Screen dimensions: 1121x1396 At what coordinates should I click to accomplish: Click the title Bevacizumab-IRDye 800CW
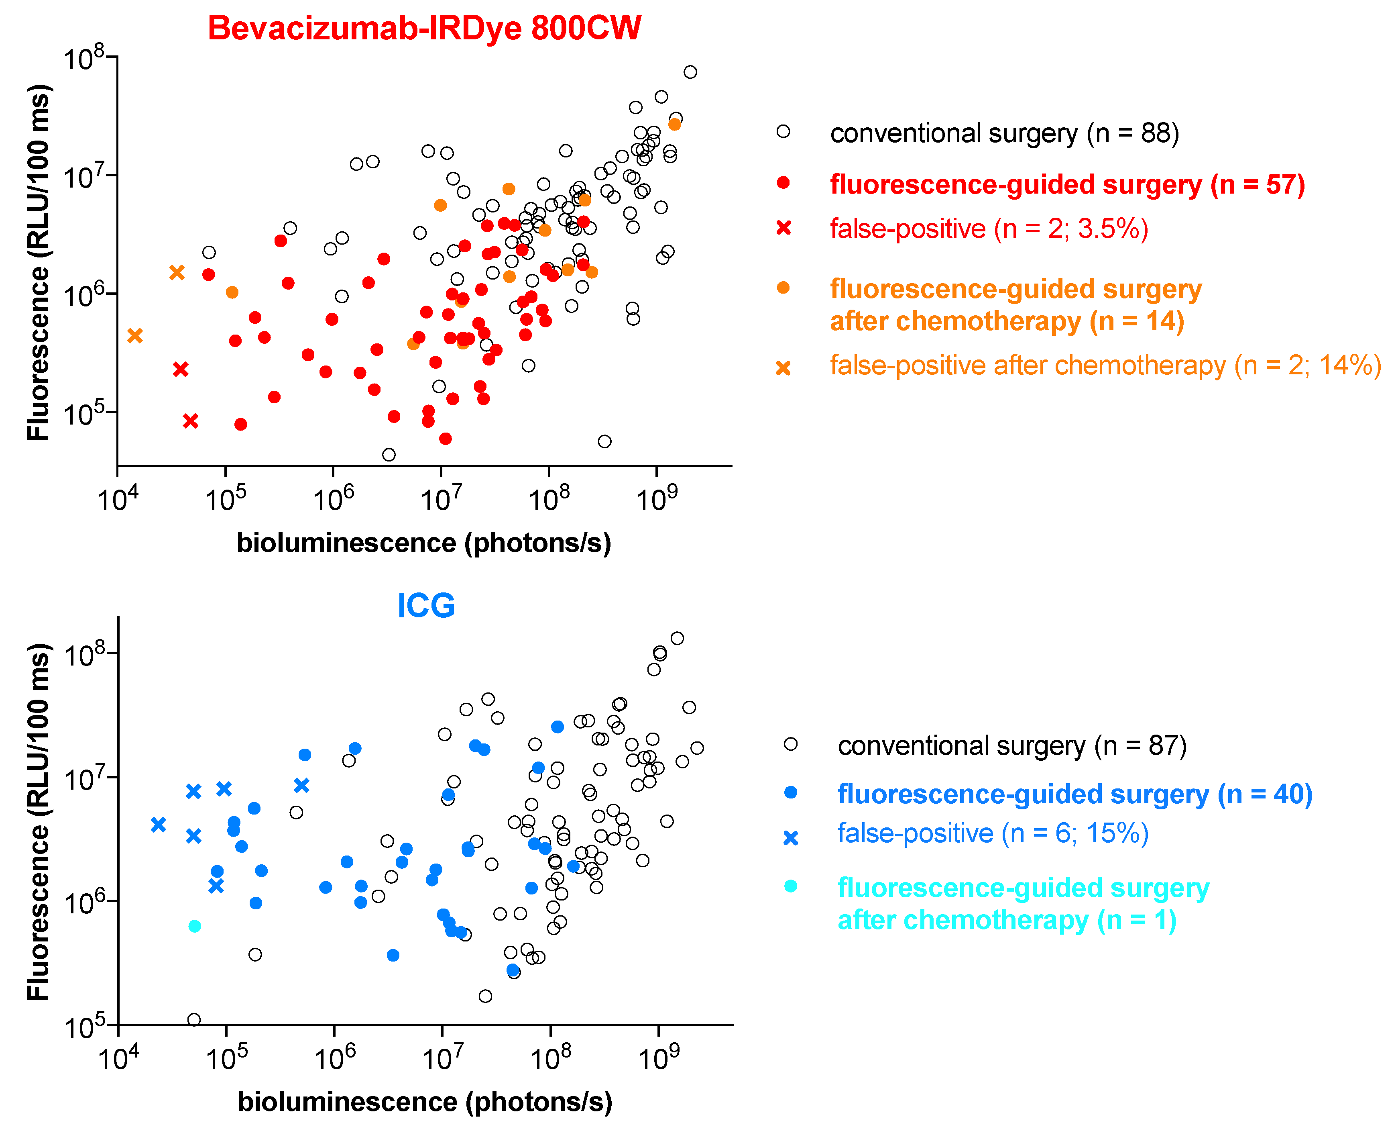[424, 29]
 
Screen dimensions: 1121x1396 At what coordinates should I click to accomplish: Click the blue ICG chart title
[425, 605]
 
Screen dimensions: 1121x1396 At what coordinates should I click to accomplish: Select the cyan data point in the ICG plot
[194, 926]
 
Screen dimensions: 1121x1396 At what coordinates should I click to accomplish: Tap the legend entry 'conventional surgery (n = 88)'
[1003, 133]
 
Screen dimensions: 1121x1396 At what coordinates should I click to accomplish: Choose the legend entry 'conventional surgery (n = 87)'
[1011, 746]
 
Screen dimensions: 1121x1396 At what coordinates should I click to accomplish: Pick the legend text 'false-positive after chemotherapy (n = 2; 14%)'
[1105, 365]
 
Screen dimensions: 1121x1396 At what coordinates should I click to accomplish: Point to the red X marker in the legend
[783, 228]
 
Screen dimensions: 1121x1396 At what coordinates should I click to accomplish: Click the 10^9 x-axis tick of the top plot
[657, 499]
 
